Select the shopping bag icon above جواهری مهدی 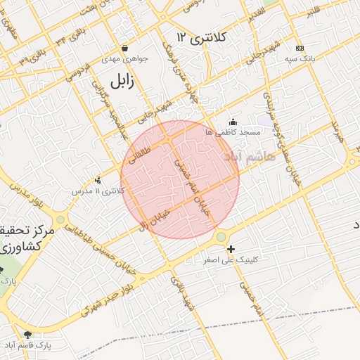click(124, 49)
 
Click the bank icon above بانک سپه click(300, 47)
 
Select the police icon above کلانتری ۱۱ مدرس click(98, 179)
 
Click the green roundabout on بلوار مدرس click(61, 219)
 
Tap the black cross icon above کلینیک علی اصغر click(231, 249)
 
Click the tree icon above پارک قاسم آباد click(28, 335)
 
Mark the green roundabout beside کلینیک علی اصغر click(221, 238)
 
